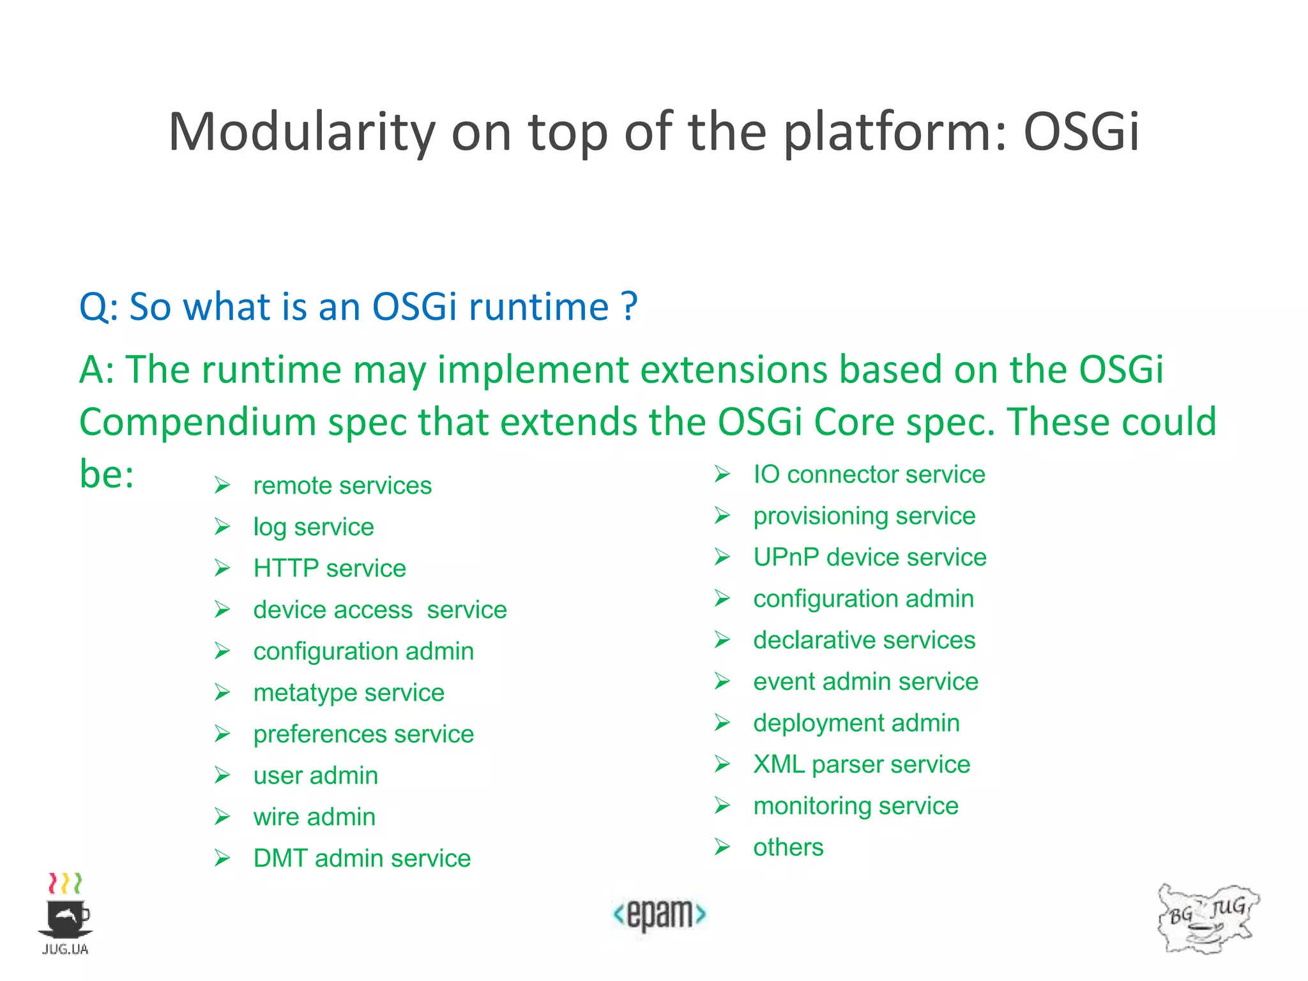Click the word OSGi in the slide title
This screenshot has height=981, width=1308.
(x=1081, y=132)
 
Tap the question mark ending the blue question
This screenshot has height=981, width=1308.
(x=629, y=307)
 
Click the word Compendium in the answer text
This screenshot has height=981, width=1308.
(x=197, y=423)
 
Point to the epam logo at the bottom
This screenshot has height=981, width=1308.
(x=659, y=914)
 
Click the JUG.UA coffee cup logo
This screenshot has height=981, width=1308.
(x=66, y=913)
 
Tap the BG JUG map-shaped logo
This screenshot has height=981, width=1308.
(x=1207, y=918)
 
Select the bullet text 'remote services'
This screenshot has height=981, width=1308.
(x=342, y=486)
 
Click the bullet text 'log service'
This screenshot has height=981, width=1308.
(x=313, y=528)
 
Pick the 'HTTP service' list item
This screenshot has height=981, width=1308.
(x=330, y=568)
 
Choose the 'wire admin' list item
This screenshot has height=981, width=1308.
(x=314, y=817)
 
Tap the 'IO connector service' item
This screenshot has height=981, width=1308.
(x=869, y=475)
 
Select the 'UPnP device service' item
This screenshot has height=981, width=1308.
(x=869, y=558)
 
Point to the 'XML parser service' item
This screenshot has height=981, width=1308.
(x=861, y=764)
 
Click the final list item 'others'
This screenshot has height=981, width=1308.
(x=788, y=848)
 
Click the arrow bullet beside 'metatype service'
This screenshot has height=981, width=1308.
(x=222, y=693)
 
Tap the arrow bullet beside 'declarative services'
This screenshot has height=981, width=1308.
(x=722, y=640)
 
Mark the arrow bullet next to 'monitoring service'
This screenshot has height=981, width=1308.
(x=722, y=806)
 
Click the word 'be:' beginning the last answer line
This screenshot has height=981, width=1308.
(x=107, y=475)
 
